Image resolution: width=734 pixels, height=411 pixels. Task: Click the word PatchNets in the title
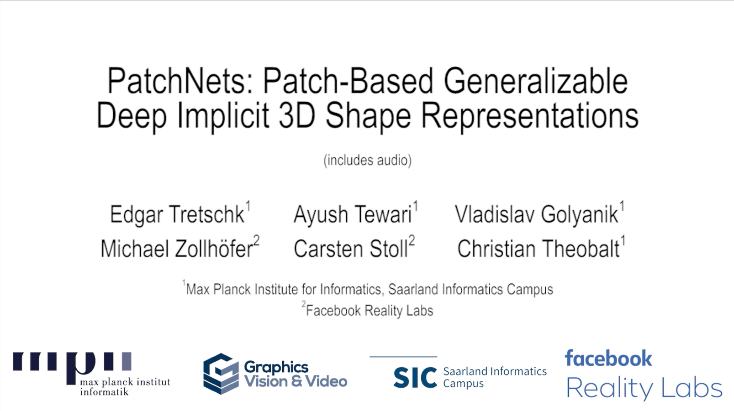click(176, 81)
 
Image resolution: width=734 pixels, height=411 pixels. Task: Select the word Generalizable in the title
click(535, 81)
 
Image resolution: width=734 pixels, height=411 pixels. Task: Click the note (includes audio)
click(367, 161)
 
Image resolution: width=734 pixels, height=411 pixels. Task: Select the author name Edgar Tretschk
click(177, 215)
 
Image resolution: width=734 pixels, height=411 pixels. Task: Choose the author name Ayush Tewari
click(353, 215)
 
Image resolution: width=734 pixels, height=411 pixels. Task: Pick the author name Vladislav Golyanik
click(536, 215)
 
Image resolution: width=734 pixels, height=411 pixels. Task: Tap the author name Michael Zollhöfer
click(177, 248)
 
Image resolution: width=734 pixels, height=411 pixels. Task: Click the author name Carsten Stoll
click(351, 248)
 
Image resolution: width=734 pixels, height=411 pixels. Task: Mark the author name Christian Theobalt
click(539, 248)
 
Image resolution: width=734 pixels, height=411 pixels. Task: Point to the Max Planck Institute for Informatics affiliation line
click(368, 288)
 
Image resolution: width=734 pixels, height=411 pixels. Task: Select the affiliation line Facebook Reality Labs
click(367, 310)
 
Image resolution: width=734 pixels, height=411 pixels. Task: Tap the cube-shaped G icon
click(221, 374)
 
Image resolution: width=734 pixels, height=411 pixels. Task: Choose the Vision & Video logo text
click(296, 381)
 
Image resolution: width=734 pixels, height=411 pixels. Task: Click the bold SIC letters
click(415, 377)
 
